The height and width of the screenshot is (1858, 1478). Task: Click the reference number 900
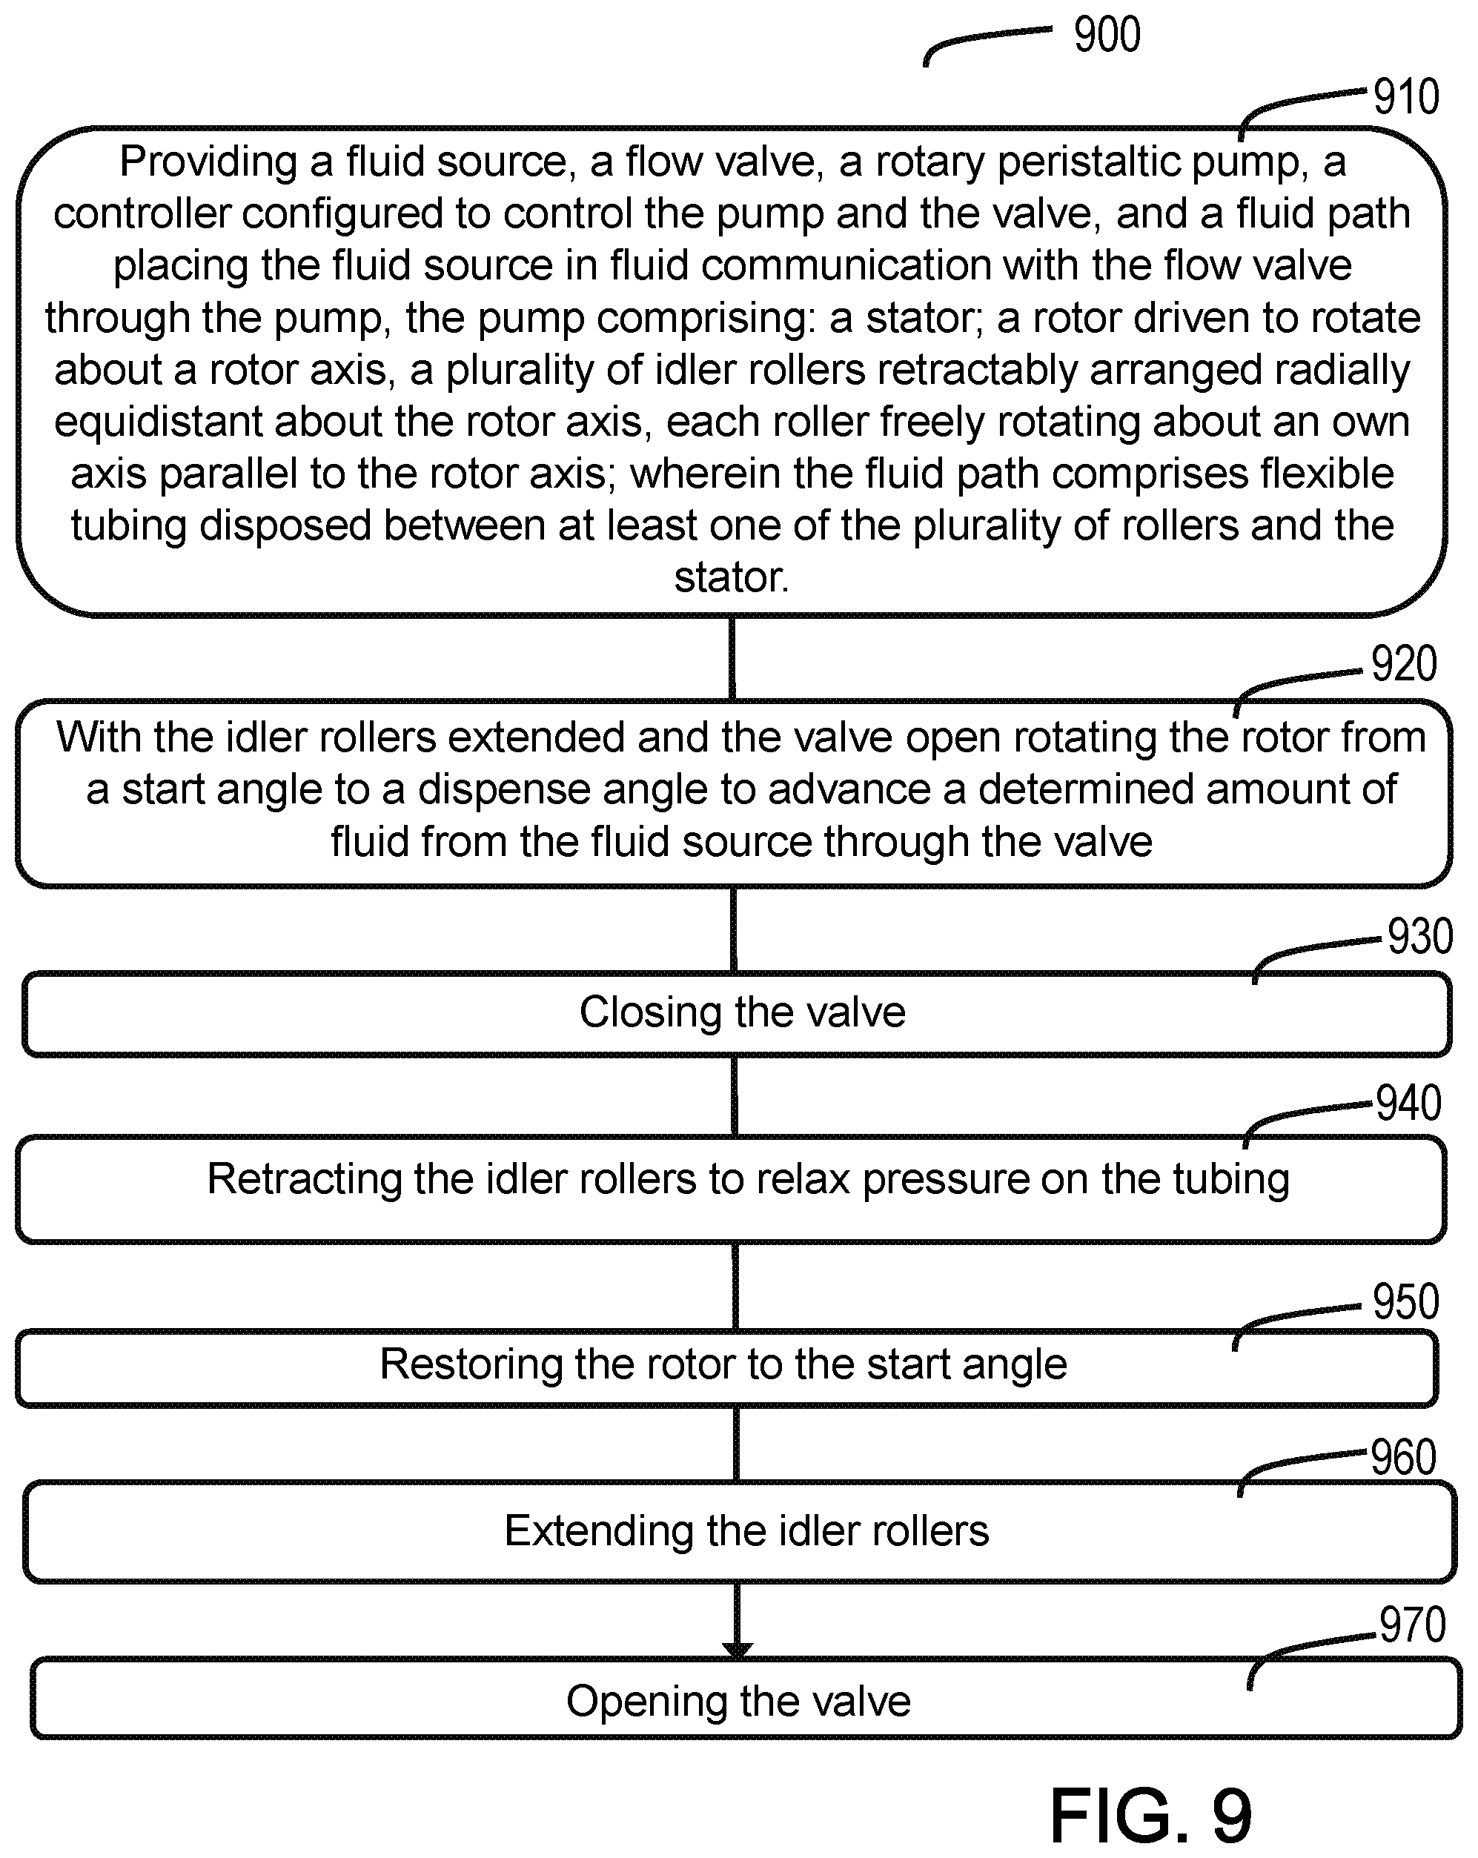tap(1107, 36)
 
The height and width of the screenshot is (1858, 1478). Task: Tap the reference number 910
tap(1405, 96)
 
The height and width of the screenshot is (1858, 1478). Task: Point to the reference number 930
tap(1420, 936)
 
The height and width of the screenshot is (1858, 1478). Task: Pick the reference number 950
tap(1405, 1301)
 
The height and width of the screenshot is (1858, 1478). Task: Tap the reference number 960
tap(1403, 1457)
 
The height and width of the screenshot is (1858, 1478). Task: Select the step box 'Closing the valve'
tap(738, 1013)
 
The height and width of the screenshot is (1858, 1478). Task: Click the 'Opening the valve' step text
tap(738, 1701)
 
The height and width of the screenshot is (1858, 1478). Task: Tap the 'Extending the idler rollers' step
tap(740, 1531)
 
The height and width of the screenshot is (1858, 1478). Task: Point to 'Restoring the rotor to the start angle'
tap(724, 1364)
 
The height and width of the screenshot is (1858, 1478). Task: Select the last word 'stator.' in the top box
tap(732, 577)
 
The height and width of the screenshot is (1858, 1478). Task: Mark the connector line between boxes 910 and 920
tap(732, 658)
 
